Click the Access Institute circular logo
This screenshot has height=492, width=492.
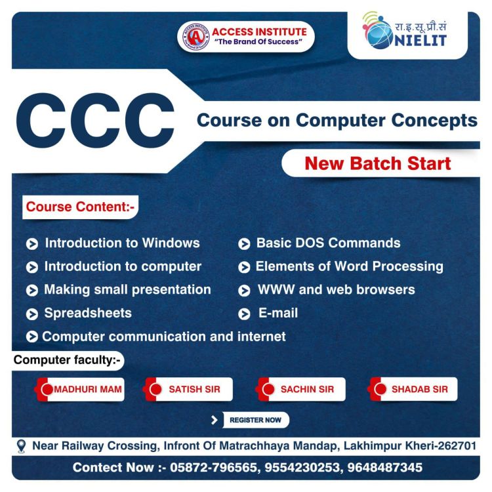pos(195,36)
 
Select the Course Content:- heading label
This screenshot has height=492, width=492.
pos(80,207)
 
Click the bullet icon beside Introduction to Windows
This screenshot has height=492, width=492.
pos(32,244)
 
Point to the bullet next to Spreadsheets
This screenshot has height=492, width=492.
pos(32,314)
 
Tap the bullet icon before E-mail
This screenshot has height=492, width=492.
pos(244,314)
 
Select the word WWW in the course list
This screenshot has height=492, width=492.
pos(276,289)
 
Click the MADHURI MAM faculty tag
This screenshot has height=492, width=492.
pos(79,389)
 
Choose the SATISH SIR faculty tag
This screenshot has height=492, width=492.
pos(188,389)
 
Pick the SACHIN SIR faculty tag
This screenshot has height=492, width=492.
pos(300,389)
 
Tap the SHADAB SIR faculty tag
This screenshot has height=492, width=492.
pos(413,389)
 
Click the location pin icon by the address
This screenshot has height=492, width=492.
pos(21,446)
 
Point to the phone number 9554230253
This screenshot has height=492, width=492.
pos(302,467)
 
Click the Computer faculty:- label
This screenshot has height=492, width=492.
pos(67,360)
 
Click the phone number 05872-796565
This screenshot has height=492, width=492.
pos(213,467)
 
